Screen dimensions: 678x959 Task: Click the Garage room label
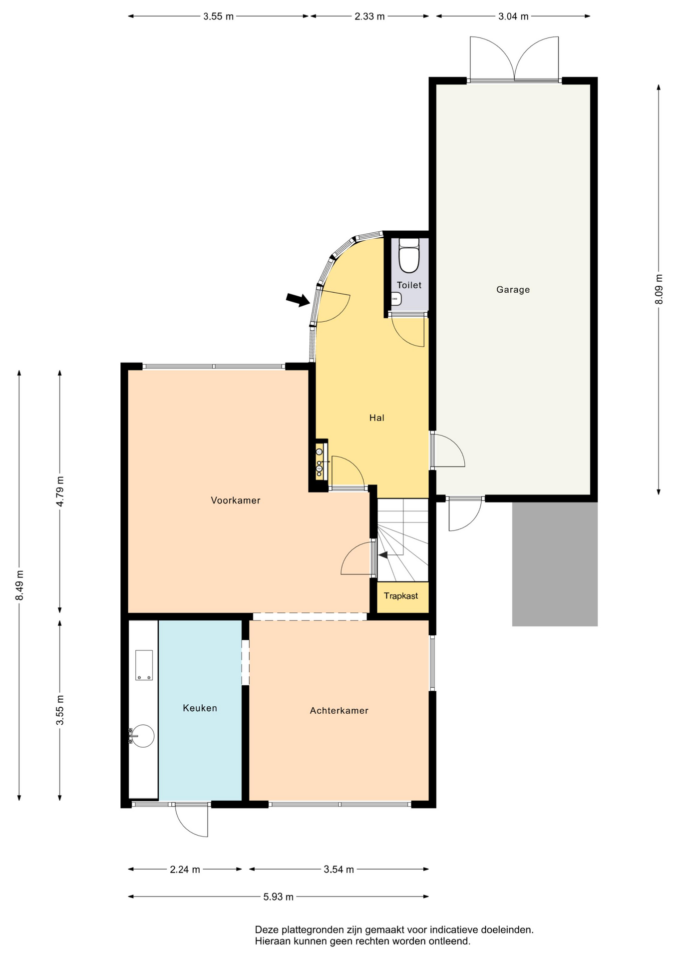coord(513,289)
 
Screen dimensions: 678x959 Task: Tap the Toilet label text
coord(409,285)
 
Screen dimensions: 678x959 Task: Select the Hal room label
coord(376,418)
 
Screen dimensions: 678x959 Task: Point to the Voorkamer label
coord(235,500)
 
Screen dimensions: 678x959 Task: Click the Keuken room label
coord(200,708)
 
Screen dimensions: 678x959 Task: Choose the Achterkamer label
coord(339,710)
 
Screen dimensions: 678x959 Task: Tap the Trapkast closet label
coord(401,595)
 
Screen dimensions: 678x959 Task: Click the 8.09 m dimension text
coord(659,289)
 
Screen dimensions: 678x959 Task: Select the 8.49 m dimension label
coord(19,585)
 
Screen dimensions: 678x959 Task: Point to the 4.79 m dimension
coord(60,491)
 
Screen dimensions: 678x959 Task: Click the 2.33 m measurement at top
coord(369,16)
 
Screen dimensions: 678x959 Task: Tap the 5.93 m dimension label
coord(278,897)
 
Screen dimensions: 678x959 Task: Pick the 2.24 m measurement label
coord(185,869)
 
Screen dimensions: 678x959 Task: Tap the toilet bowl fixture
coord(409,256)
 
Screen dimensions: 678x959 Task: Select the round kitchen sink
coord(143,736)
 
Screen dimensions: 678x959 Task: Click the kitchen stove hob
coord(144,665)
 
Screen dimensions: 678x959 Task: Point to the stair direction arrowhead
coord(382,554)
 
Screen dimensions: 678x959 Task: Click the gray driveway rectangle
coord(555,564)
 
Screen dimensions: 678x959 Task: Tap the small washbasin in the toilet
coord(396,299)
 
